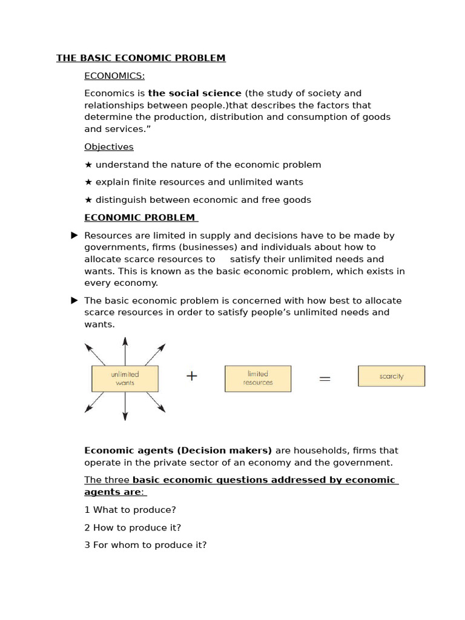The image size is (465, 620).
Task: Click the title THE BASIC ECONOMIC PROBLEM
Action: pos(140,58)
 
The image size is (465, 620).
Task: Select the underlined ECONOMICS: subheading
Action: pos(114,76)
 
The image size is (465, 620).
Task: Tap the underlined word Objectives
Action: pos(109,147)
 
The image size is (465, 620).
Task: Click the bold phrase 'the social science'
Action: pos(194,93)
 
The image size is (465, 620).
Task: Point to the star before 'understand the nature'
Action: pos(88,165)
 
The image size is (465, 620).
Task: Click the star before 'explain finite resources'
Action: pos(88,182)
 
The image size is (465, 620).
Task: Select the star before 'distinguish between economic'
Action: pos(88,200)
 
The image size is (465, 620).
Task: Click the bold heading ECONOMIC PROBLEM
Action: pos(140,218)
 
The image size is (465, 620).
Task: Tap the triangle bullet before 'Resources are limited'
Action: pos(74,236)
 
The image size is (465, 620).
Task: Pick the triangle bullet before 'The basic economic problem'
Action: pos(74,300)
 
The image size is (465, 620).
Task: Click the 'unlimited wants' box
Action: pos(125,378)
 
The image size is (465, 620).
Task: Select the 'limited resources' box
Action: pos(258,378)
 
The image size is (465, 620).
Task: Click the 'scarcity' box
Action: pos(391,376)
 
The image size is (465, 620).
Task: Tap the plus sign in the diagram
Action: pos(192,376)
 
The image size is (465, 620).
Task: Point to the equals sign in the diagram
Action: pos(325,378)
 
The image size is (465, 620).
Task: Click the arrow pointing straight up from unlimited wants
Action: pos(125,351)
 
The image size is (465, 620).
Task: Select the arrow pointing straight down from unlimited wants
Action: pos(125,407)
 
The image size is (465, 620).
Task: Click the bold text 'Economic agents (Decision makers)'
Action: pos(178,450)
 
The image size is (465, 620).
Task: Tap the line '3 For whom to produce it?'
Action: pos(145,545)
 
